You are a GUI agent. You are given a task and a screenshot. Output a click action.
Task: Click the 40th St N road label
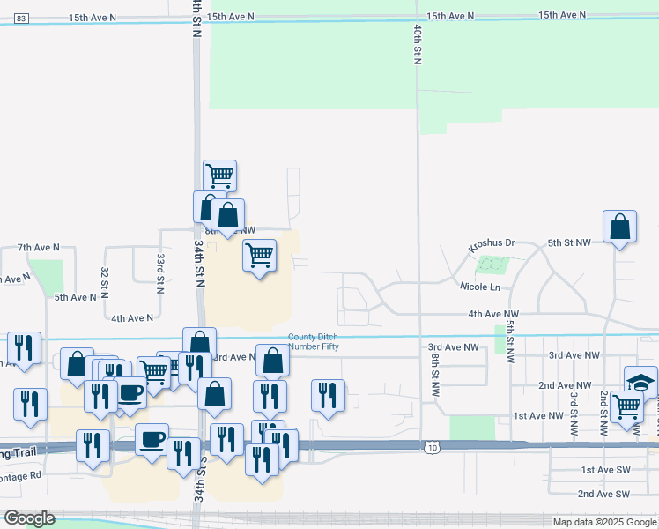click(x=416, y=43)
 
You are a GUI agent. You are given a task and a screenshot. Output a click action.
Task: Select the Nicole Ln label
click(x=479, y=287)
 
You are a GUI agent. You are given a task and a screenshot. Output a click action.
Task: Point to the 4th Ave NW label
click(x=493, y=314)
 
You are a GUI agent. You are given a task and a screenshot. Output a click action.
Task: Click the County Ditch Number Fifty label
click(x=314, y=341)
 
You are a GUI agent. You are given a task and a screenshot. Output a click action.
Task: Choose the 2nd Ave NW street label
click(x=565, y=385)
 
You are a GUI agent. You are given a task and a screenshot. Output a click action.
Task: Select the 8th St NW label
click(x=434, y=381)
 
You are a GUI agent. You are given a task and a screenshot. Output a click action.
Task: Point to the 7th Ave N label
click(x=38, y=248)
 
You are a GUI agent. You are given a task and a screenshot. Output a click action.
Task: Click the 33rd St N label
click(x=161, y=272)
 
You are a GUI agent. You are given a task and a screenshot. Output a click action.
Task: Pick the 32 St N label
click(x=105, y=280)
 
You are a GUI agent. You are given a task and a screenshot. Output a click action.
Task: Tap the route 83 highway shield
click(x=22, y=18)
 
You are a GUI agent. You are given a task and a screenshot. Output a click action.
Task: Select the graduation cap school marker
click(x=641, y=382)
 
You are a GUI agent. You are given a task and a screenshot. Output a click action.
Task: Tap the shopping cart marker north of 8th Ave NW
click(x=219, y=175)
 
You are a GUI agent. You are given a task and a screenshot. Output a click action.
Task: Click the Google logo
click(x=29, y=518)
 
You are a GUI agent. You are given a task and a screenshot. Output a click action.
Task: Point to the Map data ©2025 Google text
click(x=605, y=522)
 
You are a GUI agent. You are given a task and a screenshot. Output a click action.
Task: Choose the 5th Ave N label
click(x=76, y=297)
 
